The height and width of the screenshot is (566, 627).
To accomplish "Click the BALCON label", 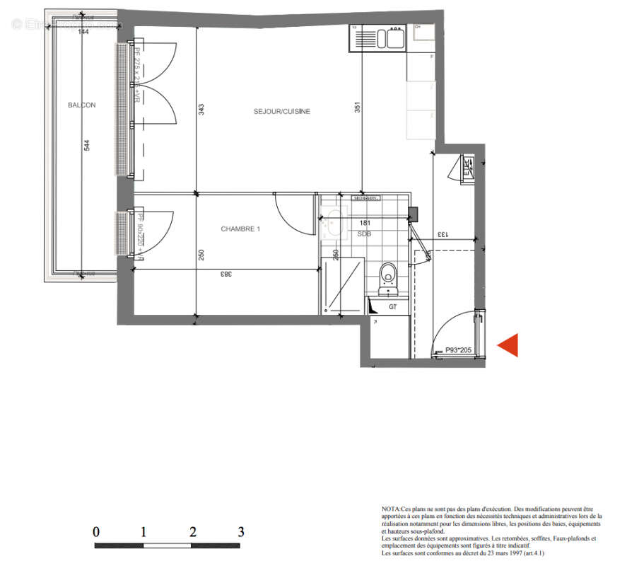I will pyautogui.click(x=81, y=105).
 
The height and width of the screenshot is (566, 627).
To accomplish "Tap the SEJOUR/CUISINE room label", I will pyautogui.click(x=282, y=112).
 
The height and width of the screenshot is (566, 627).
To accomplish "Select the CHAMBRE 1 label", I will pyautogui.click(x=241, y=229).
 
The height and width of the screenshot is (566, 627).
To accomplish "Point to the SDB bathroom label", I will pyautogui.click(x=364, y=233).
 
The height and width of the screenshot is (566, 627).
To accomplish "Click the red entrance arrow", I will pyautogui.click(x=508, y=345).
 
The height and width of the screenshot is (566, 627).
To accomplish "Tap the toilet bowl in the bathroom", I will pyautogui.click(x=387, y=275).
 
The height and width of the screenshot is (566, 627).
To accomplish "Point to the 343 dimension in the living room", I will pyautogui.click(x=201, y=110).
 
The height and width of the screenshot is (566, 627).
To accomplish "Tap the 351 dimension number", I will pyautogui.click(x=358, y=108).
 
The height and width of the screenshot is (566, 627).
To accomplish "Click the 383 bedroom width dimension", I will pyautogui.click(x=225, y=274).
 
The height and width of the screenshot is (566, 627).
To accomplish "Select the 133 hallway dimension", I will pyautogui.click(x=441, y=234).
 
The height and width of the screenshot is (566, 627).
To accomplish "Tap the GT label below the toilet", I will pyautogui.click(x=393, y=306).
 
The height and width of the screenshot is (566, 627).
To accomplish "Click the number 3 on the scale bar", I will pyautogui.click(x=241, y=532).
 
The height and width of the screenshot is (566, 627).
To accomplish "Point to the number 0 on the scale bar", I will pyautogui.click(x=96, y=532).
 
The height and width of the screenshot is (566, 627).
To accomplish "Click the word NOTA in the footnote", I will pyautogui.click(x=391, y=509).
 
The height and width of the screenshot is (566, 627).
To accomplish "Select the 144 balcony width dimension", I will pyautogui.click(x=83, y=32).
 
